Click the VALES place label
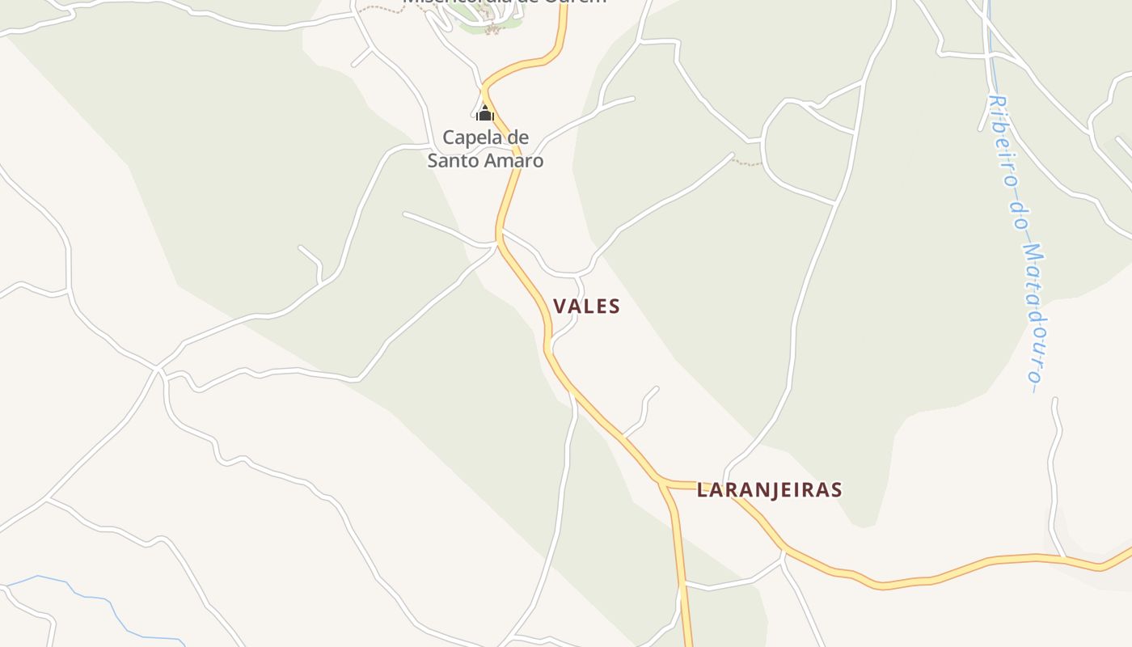586,306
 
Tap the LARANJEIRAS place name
769,489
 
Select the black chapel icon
485,113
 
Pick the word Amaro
515,160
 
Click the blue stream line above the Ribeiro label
989,40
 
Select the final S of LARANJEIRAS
837,489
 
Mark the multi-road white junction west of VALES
158,369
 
